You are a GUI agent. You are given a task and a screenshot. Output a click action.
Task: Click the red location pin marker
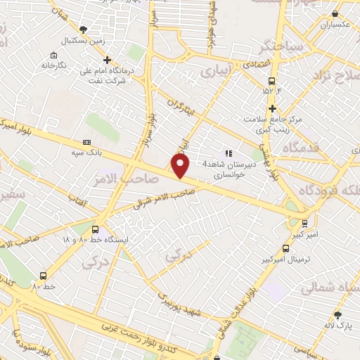tap(181, 165)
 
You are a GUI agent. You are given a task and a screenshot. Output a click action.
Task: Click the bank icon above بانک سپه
tap(87, 141)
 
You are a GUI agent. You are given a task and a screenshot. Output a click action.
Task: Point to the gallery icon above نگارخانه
tap(54, 54)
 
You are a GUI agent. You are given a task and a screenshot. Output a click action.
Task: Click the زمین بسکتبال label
tap(89, 40)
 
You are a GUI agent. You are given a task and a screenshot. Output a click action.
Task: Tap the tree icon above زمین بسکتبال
tap(84, 30)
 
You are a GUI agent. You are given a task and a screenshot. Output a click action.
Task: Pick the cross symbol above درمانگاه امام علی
tap(127, 51)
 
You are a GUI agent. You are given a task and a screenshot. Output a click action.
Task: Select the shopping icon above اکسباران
tap(335, 13)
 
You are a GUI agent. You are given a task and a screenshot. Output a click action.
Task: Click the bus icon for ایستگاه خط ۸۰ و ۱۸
tap(95, 229)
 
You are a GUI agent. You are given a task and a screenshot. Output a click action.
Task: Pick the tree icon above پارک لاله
tap(337, 314)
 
